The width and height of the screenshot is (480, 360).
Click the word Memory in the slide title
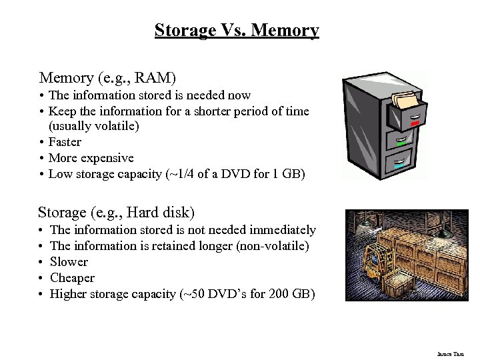click(285, 31)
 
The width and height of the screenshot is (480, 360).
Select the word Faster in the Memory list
click(65, 142)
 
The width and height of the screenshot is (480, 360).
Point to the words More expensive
click(91, 158)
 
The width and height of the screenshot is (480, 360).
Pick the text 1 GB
click(288, 174)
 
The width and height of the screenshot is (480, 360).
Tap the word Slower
click(69, 262)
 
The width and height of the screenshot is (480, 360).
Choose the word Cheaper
click(72, 278)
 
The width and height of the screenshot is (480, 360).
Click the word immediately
click(282, 230)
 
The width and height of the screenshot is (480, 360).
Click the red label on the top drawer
click(415, 123)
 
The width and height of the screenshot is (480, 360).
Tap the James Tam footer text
click(451, 354)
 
